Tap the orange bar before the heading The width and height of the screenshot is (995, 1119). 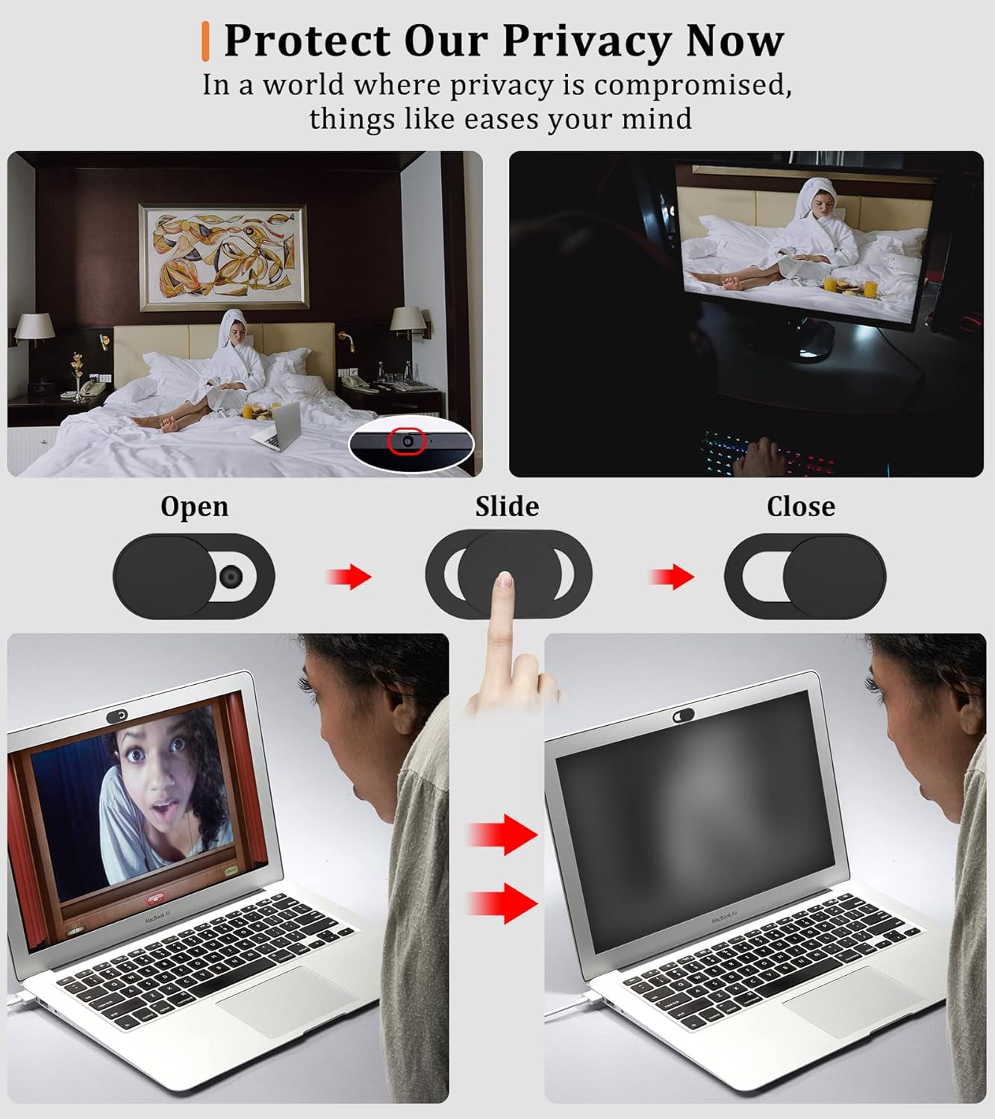[205, 41]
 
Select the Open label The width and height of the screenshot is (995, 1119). [194, 507]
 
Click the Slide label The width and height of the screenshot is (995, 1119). [507, 507]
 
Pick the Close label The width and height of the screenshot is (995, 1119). [800, 507]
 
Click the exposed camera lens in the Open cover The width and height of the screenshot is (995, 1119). [231, 575]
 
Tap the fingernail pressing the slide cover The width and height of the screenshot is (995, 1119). [505, 580]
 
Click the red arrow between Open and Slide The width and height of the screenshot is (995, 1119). [349, 576]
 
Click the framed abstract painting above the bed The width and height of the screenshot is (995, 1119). [223, 256]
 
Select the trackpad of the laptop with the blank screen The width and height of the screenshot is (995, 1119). [851, 1000]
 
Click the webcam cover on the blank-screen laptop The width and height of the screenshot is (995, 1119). [684, 715]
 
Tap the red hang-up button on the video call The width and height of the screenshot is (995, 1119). [157, 900]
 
